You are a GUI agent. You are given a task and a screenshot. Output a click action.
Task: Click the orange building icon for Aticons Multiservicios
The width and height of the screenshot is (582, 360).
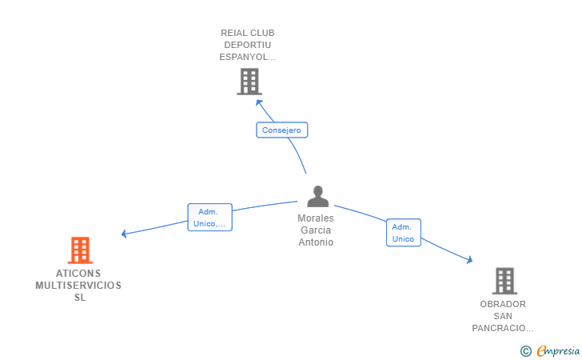[79, 250]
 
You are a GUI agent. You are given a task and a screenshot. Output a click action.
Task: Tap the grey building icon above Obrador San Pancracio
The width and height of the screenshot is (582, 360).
[504, 281]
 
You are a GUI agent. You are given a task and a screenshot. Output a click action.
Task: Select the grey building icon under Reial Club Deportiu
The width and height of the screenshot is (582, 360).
[249, 81]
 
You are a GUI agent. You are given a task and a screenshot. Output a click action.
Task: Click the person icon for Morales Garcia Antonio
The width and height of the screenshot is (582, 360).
[318, 197]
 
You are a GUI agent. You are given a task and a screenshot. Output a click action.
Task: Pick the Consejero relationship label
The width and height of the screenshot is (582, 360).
[281, 130]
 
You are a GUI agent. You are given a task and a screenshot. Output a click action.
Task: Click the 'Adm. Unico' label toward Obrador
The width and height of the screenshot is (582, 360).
[403, 233]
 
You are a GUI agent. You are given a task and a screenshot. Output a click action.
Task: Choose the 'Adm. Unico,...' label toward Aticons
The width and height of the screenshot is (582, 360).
[209, 218]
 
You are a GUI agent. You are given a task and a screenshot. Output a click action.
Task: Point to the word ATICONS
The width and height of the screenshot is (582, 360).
[78, 273]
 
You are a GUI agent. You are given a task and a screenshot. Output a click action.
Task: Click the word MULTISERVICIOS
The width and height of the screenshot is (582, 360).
[78, 285]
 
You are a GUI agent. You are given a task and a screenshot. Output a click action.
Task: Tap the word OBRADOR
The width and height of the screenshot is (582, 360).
[503, 304]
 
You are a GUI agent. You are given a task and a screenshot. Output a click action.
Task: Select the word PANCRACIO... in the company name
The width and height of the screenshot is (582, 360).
[503, 328]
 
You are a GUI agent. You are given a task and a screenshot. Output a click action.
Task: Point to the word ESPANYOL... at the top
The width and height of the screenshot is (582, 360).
[248, 57]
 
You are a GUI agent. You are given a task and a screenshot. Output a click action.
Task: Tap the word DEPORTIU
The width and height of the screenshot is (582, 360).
[248, 45]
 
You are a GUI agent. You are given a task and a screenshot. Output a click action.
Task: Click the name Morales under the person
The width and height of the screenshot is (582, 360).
[316, 218]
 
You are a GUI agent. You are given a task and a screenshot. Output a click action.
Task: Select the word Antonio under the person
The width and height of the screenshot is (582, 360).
[316, 242]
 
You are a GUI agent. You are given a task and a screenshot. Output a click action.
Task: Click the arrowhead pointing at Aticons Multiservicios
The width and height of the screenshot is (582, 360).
[124, 234]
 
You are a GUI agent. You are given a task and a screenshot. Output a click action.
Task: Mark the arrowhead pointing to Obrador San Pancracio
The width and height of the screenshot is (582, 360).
[469, 259]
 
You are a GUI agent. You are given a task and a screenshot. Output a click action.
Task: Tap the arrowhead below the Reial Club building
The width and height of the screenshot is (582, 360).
[257, 102]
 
